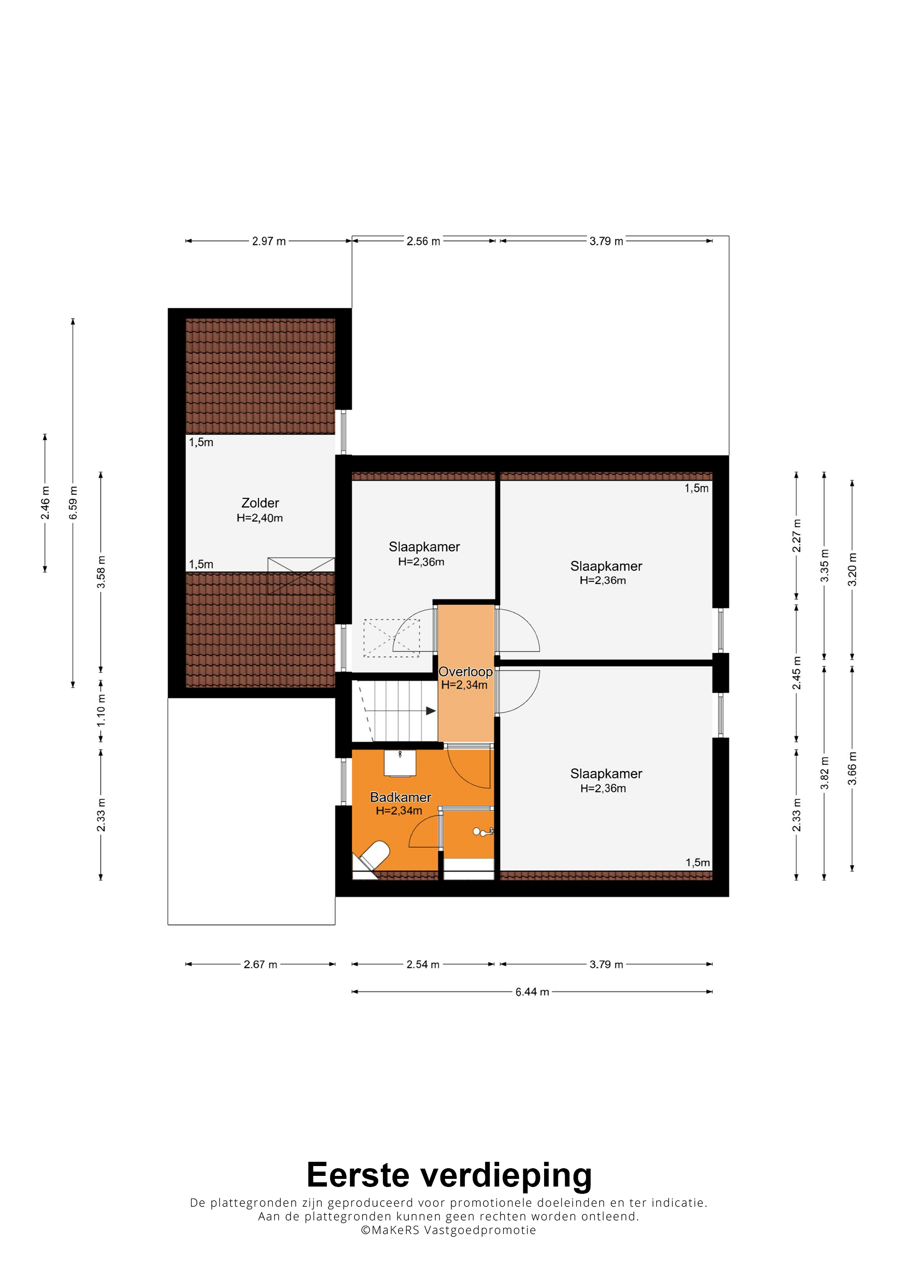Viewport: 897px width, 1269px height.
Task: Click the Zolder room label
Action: (260, 503)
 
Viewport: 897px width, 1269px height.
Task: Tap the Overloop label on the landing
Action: (465, 671)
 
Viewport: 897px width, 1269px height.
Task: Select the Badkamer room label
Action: (401, 797)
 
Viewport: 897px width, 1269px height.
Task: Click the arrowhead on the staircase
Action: (431, 711)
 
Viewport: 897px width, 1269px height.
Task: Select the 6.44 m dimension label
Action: (532, 992)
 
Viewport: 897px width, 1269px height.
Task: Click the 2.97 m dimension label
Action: (269, 241)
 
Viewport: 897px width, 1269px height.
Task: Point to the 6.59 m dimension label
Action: (73, 503)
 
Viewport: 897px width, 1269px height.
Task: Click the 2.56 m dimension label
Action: (423, 241)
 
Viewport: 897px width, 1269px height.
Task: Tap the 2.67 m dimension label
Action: (260, 964)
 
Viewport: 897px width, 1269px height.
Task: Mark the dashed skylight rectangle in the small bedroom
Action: (391, 639)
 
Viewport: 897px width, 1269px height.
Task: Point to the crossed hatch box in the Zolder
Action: (301, 576)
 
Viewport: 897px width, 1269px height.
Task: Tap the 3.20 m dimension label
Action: (853, 569)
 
